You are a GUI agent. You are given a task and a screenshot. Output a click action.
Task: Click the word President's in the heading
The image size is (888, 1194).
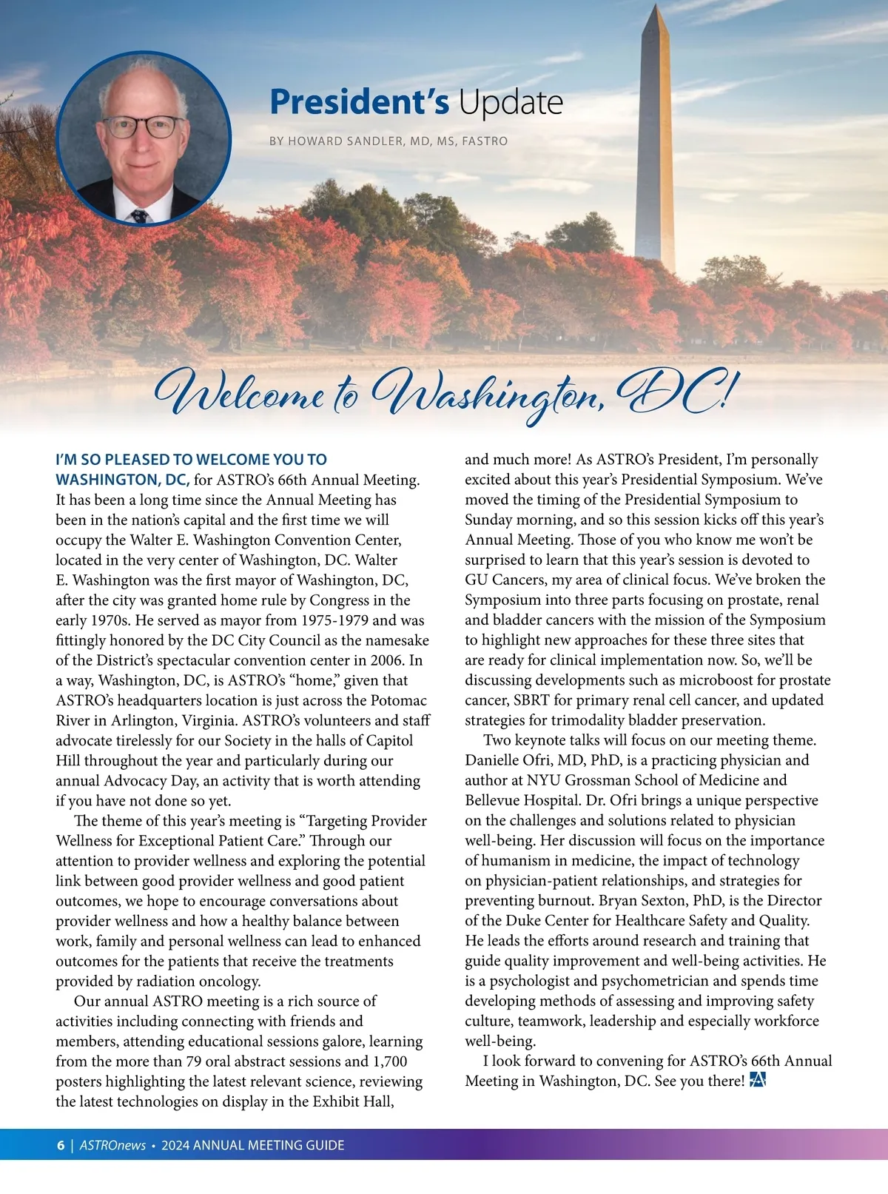(x=359, y=102)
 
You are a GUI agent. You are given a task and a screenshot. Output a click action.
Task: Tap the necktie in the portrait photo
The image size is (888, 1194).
(x=139, y=216)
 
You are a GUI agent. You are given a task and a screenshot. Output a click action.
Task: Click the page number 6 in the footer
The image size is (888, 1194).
(x=61, y=1145)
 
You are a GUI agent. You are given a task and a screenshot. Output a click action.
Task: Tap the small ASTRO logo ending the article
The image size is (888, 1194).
(x=757, y=1080)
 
